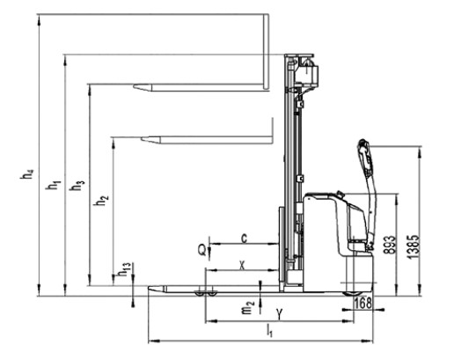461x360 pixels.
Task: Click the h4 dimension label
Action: coord(27,174)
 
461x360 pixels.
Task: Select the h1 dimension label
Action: coord(53,185)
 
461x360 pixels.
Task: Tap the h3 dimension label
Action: coord(77,186)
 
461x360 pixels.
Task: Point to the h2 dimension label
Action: coord(101,201)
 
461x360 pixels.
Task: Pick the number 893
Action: coord(390,245)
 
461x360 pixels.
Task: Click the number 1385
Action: coord(413,247)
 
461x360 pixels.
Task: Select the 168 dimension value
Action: coord(363,304)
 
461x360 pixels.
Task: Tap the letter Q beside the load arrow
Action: coord(202,251)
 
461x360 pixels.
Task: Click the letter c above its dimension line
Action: coord(244,239)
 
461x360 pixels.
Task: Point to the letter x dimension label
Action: coord(242,266)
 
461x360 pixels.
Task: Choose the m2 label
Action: coord(248,307)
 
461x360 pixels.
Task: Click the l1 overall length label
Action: coord(269,330)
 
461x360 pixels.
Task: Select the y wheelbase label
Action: coord(280,315)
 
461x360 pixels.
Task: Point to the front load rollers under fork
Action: coord(206,293)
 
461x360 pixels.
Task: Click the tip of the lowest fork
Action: coord(149,288)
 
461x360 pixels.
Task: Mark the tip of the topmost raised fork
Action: coord(134,86)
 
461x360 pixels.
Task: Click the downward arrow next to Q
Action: coord(209,248)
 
